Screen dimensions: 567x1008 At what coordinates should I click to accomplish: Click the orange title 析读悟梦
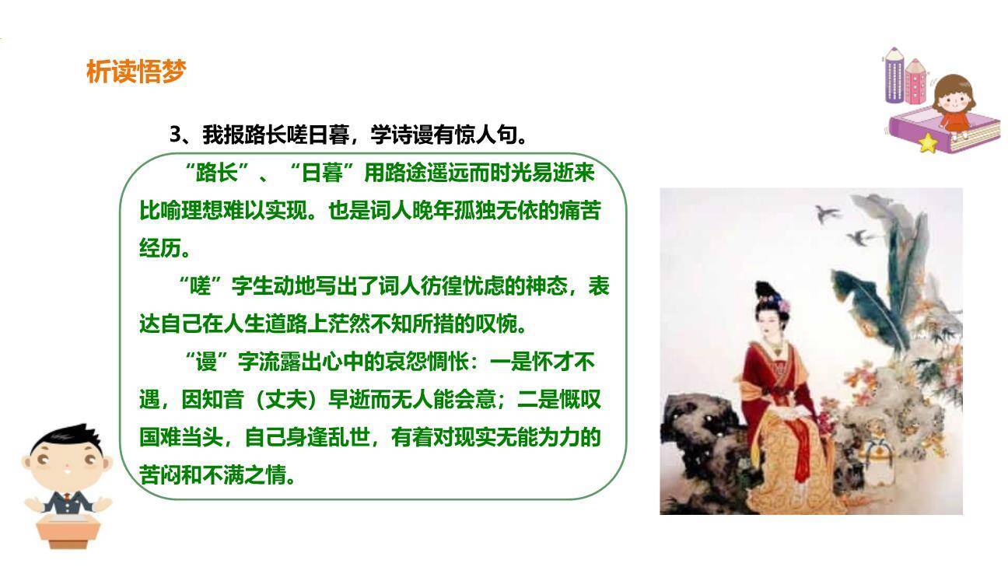(136, 72)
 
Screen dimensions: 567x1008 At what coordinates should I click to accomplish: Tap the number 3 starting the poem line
(176, 135)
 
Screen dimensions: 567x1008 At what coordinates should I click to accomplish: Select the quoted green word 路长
(217, 173)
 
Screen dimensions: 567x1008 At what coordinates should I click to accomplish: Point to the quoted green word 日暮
(322, 173)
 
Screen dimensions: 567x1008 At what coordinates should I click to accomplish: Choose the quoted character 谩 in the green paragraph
(206, 362)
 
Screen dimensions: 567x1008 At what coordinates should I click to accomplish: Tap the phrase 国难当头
(181, 437)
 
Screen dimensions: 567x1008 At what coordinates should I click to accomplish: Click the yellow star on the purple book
(927, 143)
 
